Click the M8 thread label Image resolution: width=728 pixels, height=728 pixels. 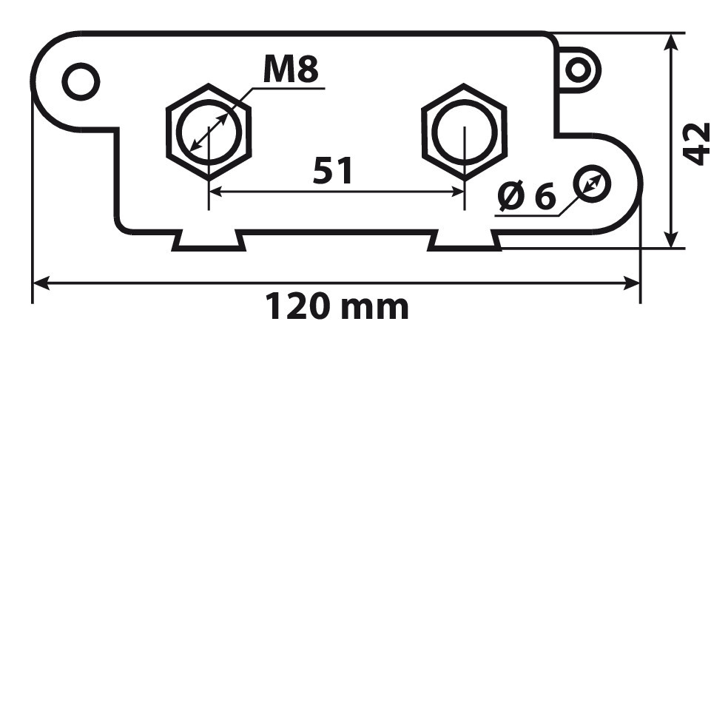coord(291,69)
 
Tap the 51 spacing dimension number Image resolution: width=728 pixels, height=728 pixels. coord(332,170)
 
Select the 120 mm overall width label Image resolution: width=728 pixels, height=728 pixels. coord(337,307)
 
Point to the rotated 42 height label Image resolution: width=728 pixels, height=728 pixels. coord(698,144)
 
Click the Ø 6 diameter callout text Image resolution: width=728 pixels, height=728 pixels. coord(526,196)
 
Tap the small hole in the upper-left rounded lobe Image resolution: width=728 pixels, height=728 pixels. coord(81,81)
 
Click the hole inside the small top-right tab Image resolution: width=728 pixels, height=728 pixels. coord(578,70)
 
